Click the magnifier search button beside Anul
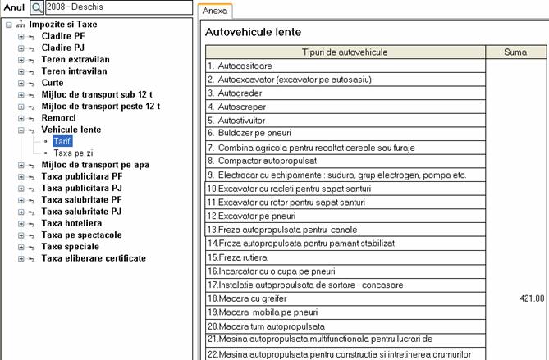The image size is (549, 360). point(37,8)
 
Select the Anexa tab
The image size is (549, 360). point(215,11)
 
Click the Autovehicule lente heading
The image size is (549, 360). point(254,32)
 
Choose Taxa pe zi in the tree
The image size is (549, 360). point(74,153)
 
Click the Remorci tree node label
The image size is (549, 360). point(58,118)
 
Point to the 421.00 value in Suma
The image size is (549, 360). point(530,298)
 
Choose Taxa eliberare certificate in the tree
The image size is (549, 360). point(94,258)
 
